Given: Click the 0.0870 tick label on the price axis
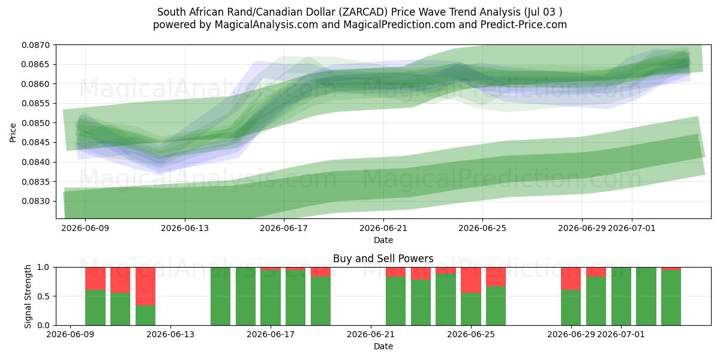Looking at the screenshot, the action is (x=36, y=45).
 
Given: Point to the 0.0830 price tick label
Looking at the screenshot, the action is (x=36, y=201).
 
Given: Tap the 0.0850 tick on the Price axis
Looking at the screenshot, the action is (x=36, y=123).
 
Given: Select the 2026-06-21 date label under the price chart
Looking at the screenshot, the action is (x=383, y=228).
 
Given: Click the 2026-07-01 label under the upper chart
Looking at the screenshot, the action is (x=632, y=228).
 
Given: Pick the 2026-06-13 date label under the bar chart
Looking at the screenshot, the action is (x=170, y=334).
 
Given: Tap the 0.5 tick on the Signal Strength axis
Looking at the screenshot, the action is (x=44, y=296).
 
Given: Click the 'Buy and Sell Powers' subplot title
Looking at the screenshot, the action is (x=383, y=259).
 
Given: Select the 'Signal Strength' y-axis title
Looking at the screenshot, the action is (x=28, y=296).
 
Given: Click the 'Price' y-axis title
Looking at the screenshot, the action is (x=13, y=133).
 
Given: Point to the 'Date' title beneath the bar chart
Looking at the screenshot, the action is (x=383, y=346).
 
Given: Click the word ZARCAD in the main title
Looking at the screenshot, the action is (x=364, y=12).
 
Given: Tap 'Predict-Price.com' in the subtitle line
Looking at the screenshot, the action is (x=524, y=25).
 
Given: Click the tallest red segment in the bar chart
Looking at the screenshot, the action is (x=145, y=286).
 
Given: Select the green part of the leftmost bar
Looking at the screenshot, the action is (x=95, y=308).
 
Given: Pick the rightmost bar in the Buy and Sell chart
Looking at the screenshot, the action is (x=671, y=296).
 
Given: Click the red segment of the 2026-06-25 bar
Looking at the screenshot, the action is (x=471, y=280).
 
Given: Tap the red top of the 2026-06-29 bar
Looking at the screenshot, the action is (x=571, y=278).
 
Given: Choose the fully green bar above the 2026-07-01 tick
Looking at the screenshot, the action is (x=621, y=296).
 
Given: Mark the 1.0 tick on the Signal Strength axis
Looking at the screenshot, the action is (x=44, y=267).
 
